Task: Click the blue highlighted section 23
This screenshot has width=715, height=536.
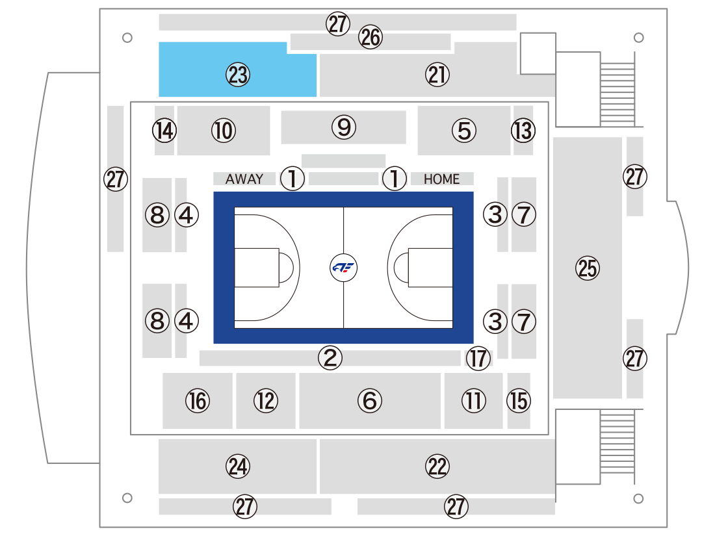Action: pyautogui.click(x=237, y=75)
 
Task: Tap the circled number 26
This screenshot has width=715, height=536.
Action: pyautogui.click(x=370, y=37)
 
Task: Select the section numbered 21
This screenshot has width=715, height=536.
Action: pyautogui.click(x=437, y=75)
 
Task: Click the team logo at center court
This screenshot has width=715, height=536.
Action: pyautogui.click(x=343, y=268)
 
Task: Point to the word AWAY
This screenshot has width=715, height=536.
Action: pyautogui.click(x=244, y=179)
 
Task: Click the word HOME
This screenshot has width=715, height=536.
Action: pyautogui.click(x=441, y=179)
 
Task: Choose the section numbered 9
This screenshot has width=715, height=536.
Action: pyautogui.click(x=343, y=127)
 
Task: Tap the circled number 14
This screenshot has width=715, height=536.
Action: pyautogui.click(x=164, y=131)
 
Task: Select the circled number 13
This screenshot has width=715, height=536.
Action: pyautogui.click(x=523, y=131)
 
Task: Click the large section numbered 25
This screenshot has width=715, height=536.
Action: pyautogui.click(x=588, y=268)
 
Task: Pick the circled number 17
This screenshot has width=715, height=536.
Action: pyautogui.click(x=478, y=358)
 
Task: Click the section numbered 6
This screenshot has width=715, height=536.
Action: pyautogui.click(x=370, y=401)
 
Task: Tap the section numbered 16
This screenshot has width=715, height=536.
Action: pyautogui.click(x=198, y=401)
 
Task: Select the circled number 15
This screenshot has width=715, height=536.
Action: pyautogui.click(x=519, y=401)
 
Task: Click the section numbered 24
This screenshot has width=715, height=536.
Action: pyautogui.click(x=237, y=466)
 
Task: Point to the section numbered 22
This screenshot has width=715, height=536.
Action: pyautogui.click(x=437, y=466)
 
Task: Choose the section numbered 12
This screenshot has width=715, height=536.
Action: pyautogui.click(x=266, y=401)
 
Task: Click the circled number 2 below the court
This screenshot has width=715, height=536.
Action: pyautogui.click(x=330, y=358)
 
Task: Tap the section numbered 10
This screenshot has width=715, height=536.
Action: pyautogui.click(x=224, y=131)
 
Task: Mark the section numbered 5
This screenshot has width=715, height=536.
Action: pyautogui.click(x=463, y=131)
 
